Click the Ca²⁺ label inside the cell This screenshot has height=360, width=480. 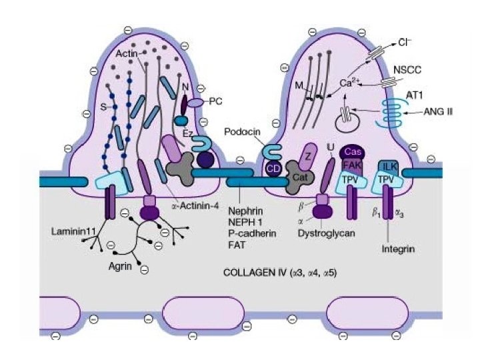tap(351, 84)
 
